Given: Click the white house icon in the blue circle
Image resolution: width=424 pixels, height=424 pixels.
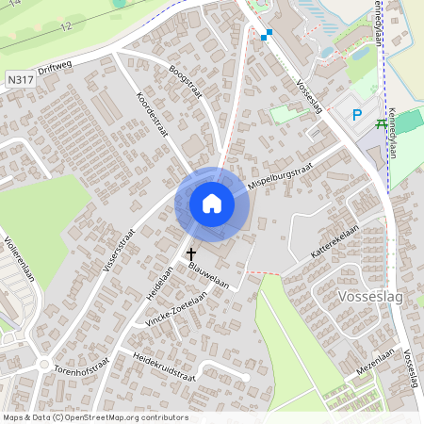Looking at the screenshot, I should tap(212, 203).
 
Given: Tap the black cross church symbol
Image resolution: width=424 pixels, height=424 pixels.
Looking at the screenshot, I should tap(192, 253).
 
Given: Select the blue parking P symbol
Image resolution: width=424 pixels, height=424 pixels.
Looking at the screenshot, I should tap(357, 115).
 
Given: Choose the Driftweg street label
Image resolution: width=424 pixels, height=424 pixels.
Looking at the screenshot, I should tap(57, 70).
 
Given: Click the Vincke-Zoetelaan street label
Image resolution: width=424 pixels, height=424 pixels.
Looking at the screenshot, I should tap(176, 308).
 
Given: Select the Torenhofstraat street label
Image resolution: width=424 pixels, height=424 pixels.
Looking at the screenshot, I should tap(82, 365).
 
